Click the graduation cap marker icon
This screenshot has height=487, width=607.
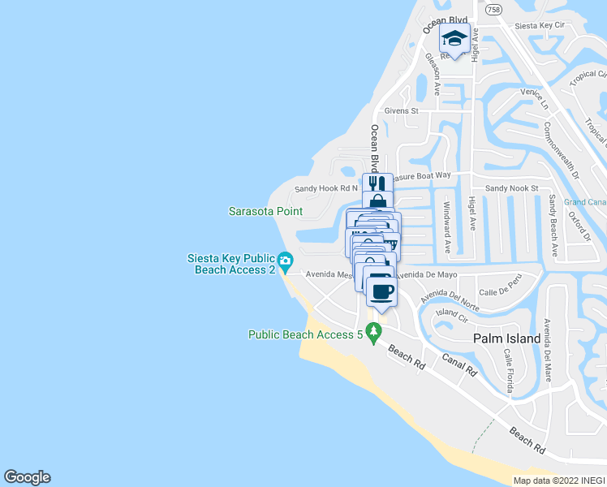click(x=454, y=39)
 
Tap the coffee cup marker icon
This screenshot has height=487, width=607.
click(x=381, y=290)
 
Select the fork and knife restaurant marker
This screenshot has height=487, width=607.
click(x=377, y=183)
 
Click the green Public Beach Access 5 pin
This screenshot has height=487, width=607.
click(x=373, y=332)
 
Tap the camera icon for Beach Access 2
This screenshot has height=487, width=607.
click(x=285, y=261)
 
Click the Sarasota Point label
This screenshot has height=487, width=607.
click(x=265, y=212)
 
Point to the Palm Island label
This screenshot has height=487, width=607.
click(x=507, y=338)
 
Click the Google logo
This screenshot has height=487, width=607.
click(x=27, y=477)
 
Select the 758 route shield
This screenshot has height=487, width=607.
click(x=492, y=10)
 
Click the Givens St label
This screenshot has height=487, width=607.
click(x=402, y=111)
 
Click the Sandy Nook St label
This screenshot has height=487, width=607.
click(x=511, y=188)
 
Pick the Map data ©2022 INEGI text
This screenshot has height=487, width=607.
click(x=558, y=481)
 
